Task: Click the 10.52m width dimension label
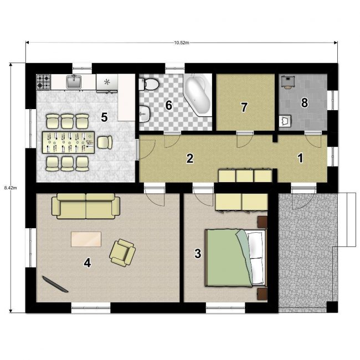[181, 43]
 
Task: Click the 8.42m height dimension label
[11, 188]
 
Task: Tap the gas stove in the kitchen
[43, 82]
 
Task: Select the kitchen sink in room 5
[74, 82]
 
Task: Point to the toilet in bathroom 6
[148, 85]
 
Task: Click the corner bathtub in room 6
[198, 94]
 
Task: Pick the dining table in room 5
[69, 142]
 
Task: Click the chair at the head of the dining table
[105, 142]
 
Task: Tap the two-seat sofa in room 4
[86, 206]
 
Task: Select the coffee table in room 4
[86, 239]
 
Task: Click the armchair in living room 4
[122, 253]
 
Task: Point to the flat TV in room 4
[55, 284]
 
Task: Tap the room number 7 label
[244, 107]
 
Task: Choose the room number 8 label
[305, 102]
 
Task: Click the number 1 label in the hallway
[300, 158]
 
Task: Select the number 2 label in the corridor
[190, 158]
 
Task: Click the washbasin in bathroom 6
[145, 113]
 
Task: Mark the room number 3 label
[198, 254]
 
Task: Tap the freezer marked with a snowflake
[107, 82]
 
